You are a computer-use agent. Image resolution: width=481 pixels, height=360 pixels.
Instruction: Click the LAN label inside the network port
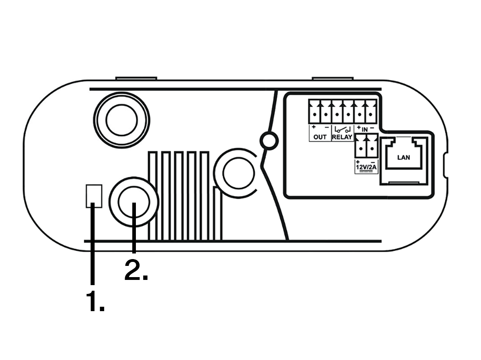tap(403, 157)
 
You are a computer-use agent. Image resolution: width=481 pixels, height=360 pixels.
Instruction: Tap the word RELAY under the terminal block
tap(342, 137)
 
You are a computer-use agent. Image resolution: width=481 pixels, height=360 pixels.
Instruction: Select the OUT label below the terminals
tap(320, 137)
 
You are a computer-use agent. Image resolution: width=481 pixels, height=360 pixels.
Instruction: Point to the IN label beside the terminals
tap(365, 130)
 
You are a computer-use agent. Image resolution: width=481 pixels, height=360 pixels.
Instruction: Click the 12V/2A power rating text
tap(366, 167)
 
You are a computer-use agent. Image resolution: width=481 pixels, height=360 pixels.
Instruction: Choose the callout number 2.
tap(136, 270)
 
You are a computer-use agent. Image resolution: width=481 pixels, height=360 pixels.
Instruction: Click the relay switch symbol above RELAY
tap(342, 130)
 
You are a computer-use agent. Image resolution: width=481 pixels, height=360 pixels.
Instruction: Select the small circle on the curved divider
tap(269, 141)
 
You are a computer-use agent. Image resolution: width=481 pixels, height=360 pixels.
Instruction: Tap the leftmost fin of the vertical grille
tap(153, 195)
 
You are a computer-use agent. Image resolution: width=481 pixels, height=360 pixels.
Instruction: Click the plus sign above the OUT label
tap(314, 127)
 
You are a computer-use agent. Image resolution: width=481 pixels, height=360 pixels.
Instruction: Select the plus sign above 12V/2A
tap(358, 162)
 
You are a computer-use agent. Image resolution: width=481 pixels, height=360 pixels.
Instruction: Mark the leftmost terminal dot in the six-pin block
tap(315, 115)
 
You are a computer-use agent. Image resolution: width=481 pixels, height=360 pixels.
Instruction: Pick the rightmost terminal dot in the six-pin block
tap(371, 115)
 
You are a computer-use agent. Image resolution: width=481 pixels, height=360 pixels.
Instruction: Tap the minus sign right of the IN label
tap(372, 128)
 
